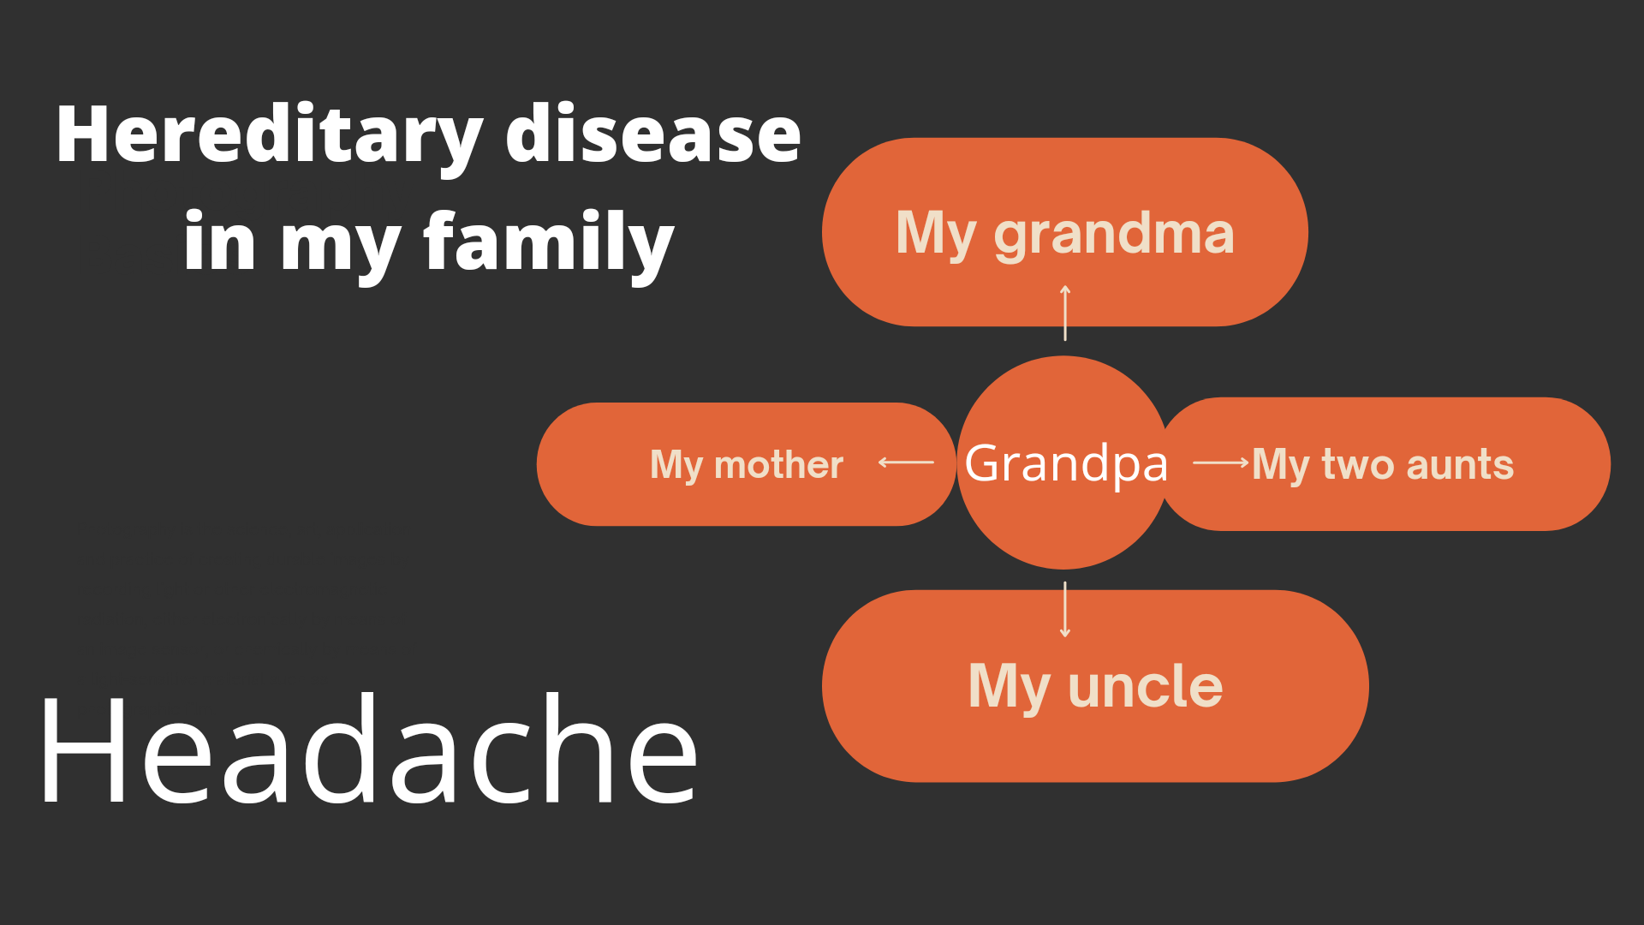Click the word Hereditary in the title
(270, 137)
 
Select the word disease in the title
(653, 134)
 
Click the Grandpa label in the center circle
(1066, 463)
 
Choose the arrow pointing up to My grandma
(1065, 313)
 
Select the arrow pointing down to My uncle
(1065, 610)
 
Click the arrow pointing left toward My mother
(906, 462)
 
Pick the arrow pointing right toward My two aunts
(1221, 462)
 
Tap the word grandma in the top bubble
(1114, 234)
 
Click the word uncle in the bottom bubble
(1146, 686)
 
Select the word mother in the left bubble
(778, 464)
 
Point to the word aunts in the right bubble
(1460, 464)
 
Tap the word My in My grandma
(936, 234)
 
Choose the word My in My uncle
(1009, 688)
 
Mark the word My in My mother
(676, 466)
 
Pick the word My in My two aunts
(1278, 466)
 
